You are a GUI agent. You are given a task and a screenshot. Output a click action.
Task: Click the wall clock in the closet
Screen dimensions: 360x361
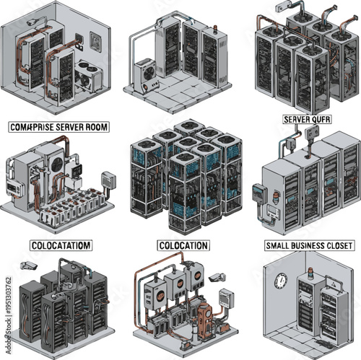tap(281, 281)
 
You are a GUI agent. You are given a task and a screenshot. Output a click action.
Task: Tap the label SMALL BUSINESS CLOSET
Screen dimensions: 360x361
tap(309, 245)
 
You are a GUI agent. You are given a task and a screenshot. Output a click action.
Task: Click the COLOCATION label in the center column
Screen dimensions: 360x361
tap(181, 245)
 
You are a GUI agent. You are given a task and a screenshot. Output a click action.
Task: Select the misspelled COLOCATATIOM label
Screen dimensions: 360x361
tap(61, 245)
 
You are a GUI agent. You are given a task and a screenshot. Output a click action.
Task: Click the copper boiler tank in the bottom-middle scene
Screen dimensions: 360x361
tap(206, 318)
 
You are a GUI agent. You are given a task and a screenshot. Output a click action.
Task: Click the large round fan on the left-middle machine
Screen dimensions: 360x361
tap(56, 164)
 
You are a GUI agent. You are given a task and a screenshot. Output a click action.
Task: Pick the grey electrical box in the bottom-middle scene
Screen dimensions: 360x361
tap(226, 297)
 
